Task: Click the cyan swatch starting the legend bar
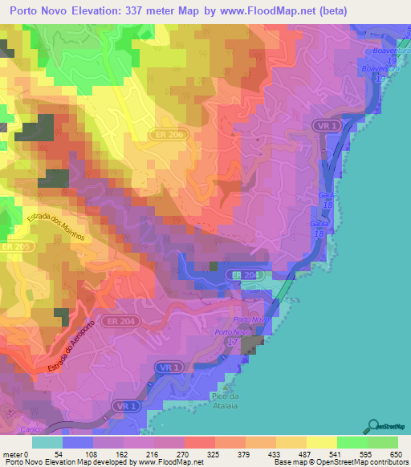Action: click(47, 442)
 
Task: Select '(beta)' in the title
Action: click(376, 10)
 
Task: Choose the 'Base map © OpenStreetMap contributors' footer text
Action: click(339, 463)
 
